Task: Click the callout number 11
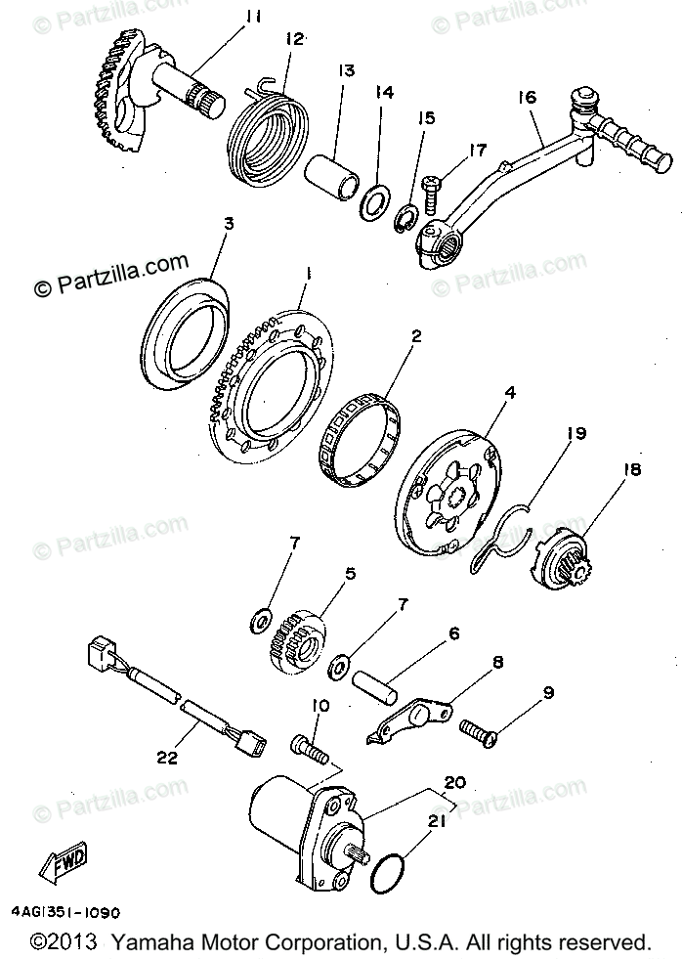(x=253, y=18)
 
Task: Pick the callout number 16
(x=528, y=97)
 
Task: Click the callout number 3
(x=228, y=224)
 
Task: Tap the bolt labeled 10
(x=311, y=751)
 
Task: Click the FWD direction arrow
(x=64, y=861)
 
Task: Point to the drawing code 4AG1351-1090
(x=67, y=914)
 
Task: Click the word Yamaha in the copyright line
(x=148, y=942)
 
